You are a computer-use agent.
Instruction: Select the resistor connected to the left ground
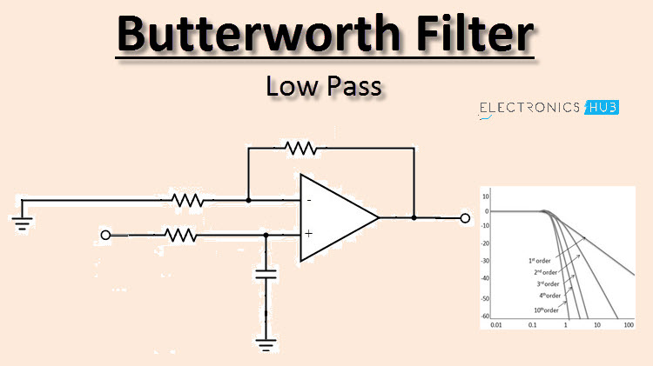[187, 201]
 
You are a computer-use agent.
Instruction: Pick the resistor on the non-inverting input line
[180, 235]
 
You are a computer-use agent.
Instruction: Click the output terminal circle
[465, 217]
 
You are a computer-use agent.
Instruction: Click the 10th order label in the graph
[545, 308]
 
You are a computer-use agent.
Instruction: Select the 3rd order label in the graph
[549, 283]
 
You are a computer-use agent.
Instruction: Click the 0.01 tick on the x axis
[495, 325]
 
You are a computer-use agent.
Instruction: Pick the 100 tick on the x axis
[628, 325]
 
